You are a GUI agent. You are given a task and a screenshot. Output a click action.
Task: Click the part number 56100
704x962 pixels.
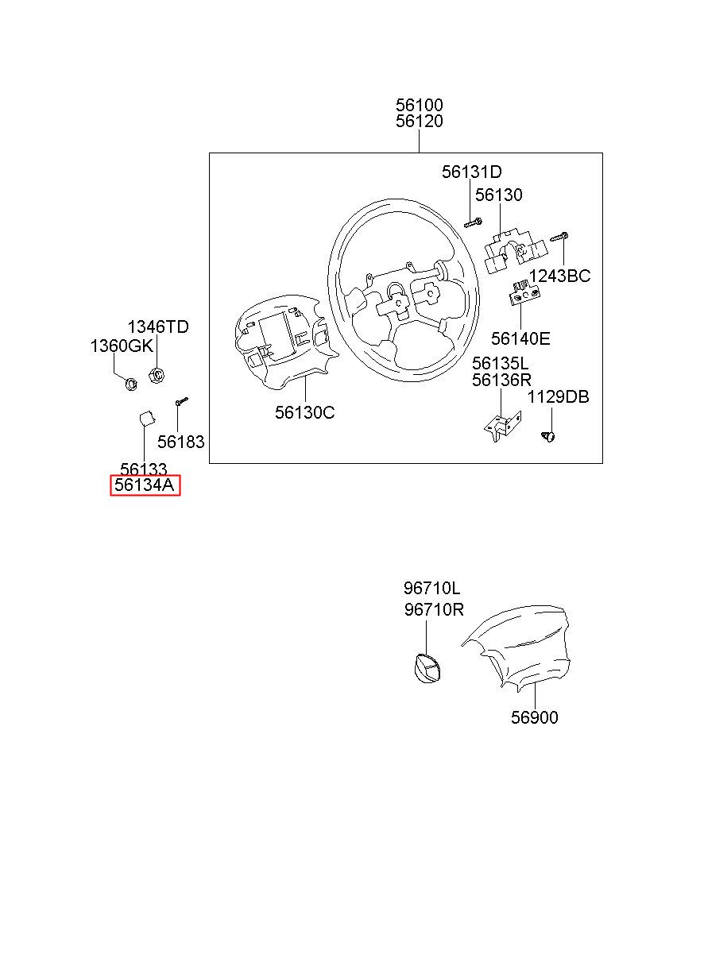pos(420,105)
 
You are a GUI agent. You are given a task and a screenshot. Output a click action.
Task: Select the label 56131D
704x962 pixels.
pos(472,172)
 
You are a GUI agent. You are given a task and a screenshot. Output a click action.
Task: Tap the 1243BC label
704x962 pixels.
pos(559,276)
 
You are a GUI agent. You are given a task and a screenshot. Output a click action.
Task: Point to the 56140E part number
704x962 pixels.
pos(520,339)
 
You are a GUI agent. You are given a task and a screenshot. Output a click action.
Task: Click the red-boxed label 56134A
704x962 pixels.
pos(145,485)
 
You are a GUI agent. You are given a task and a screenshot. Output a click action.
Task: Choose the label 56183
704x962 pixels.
pos(180,442)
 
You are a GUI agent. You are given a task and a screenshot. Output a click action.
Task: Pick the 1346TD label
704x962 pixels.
pos(158,326)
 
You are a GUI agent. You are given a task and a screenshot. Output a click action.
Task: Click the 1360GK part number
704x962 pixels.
pos(120,346)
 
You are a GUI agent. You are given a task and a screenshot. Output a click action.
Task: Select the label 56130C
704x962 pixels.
pos(305,412)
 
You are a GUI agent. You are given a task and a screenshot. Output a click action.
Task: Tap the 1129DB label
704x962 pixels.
pos(559,397)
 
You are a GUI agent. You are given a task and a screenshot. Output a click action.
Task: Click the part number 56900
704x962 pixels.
pos(534,718)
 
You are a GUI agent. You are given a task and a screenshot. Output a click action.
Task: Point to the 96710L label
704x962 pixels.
pos(431,589)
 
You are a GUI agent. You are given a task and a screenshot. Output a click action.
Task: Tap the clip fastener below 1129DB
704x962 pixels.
pos(548,435)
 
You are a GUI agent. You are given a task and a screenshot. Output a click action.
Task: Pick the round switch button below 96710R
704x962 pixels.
pos(427,668)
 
